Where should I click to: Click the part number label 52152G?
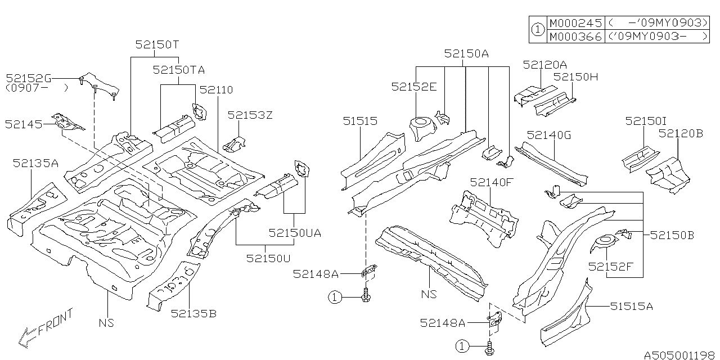click(x=29, y=78)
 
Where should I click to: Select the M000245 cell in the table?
click(x=575, y=23)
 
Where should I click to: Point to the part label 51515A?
click(x=632, y=306)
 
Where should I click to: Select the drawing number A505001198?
click(x=679, y=355)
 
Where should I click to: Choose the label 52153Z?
click(x=250, y=115)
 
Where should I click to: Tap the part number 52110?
click(x=216, y=90)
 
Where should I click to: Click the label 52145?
click(x=24, y=124)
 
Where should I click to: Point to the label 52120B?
click(x=681, y=133)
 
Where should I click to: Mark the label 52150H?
click(x=575, y=76)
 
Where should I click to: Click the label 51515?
click(x=360, y=121)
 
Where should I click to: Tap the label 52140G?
click(x=549, y=134)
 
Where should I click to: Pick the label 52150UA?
click(x=295, y=233)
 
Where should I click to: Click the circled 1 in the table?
click(x=538, y=30)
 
